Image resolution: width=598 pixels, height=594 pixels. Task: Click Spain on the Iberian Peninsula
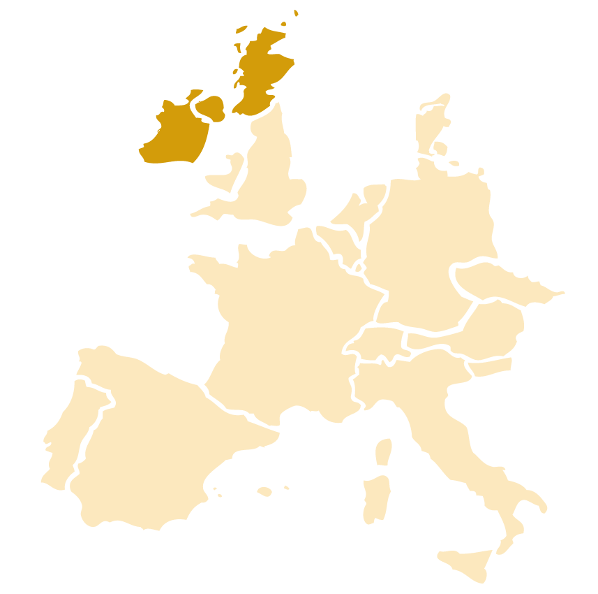(x=154, y=447)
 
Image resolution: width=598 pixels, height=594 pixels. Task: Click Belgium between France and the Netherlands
(x=335, y=241)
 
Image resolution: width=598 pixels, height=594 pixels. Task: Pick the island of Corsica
(x=383, y=452)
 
